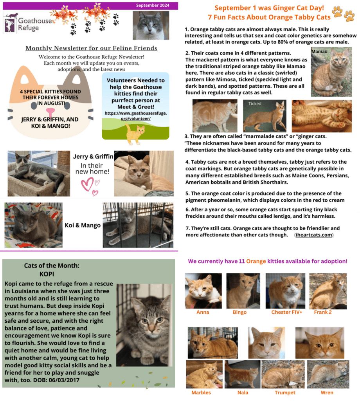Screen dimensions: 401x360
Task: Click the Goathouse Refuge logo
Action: coord(22,24)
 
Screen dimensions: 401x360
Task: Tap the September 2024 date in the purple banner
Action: coord(153,5)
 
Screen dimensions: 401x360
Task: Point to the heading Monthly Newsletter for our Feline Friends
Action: coord(91,48)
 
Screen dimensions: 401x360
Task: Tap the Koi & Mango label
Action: coord(83,225)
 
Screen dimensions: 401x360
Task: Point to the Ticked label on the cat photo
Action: coord(254,104)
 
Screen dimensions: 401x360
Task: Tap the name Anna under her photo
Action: coord(203,312)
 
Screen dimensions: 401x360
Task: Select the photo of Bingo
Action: coord(243,291)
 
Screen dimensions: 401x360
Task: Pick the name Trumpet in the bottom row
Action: coord(285,392)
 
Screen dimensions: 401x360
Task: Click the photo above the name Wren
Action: coord(328,374)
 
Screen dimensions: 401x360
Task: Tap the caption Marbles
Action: coord(201,392)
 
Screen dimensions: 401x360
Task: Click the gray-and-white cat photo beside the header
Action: coord(151,25)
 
